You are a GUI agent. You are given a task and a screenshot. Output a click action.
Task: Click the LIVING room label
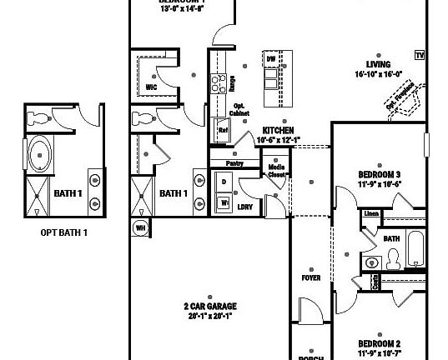[x=378, y=63]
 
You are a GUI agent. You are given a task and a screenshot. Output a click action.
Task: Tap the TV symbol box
[x=419, y=55]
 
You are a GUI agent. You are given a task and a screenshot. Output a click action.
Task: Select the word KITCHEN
[x=277, y=131]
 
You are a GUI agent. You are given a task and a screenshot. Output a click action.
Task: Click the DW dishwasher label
[x=270, y=60]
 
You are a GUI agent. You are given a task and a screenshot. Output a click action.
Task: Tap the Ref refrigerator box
[x=223, y=130]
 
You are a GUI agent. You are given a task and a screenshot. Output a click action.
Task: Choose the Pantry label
[x=234, y=164]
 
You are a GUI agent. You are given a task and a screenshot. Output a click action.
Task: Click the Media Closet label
[x=276, y=171]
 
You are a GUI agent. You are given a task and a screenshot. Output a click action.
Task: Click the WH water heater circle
[x=139, y=227]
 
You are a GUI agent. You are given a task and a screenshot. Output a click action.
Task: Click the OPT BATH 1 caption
[x=63, y=232]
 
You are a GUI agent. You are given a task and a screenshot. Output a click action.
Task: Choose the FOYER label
[x=311, y=277]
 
